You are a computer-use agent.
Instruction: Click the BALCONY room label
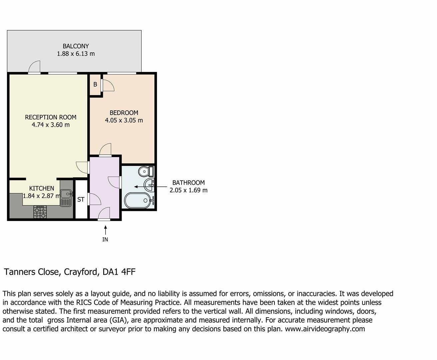click(x=76, y=46)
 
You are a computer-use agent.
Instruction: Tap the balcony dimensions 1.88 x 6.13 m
click(x=76, y=54)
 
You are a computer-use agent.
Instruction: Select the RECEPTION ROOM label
click(x=51, y=117)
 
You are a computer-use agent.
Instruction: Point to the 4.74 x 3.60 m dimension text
click(x=51, y=125)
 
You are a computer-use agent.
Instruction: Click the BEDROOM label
click(x=124, y=113)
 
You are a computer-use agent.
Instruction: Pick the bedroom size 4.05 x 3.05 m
click(x=124, y=120)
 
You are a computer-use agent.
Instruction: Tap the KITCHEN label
click(x=42, y=188)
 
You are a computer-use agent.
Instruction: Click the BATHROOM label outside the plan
click(x=188, y=183)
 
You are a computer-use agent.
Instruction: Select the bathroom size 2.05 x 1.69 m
click(x=188, y=190)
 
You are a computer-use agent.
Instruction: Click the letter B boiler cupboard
click(x=95, y=85)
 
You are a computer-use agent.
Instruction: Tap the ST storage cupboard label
click(x=81, y=200)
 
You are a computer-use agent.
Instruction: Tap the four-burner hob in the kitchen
click(x=40, y=212)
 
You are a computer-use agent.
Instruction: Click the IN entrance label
click(x=105, y=239)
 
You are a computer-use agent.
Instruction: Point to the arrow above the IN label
click(x=105, y=230)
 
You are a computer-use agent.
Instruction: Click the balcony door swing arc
click(x=35, y=66)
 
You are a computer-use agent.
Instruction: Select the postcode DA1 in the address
click(x=111, y=272)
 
